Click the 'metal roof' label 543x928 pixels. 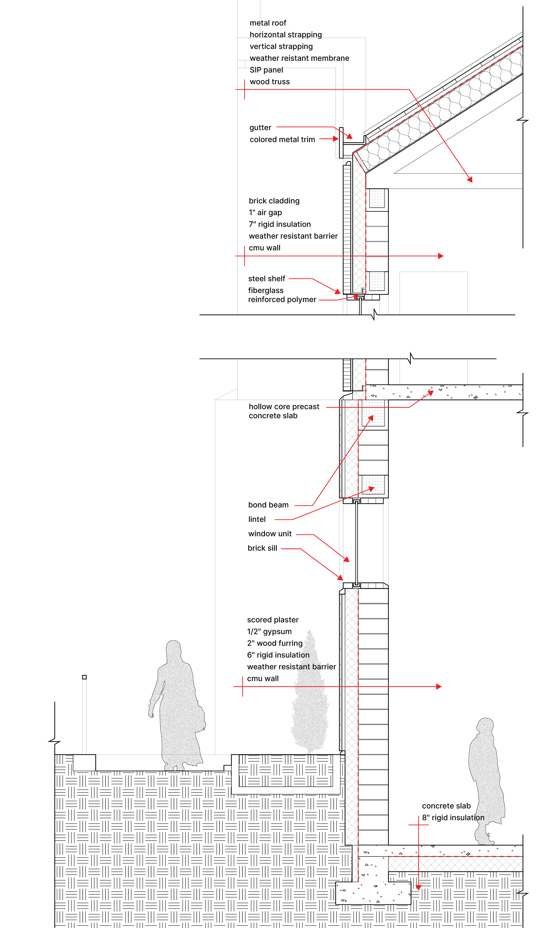point(268,23)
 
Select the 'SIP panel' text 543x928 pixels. point(266,70)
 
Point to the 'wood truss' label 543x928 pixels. point(270,82)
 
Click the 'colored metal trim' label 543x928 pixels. point(282,139)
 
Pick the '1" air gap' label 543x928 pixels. point(265,212)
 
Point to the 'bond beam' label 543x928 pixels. point(268,505)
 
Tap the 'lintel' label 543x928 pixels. point(257,519)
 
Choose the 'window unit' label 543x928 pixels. point(270,534)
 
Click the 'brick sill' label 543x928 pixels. point(262,548)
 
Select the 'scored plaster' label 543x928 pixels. point(273,620)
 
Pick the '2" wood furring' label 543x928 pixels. point(275,643)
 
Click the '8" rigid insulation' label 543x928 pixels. point(453,818)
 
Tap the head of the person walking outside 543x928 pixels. point(173,650)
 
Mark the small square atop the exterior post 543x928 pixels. point(84,677)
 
